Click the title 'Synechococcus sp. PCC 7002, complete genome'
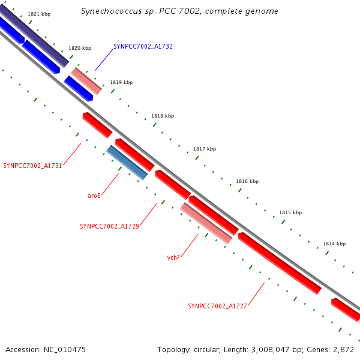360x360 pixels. point(179,11)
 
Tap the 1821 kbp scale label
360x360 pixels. point(39,14)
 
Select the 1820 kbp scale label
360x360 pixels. point(80,48)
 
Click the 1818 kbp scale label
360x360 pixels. point(163,116)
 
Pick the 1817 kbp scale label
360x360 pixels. point(205,149)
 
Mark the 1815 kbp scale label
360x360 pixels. point(290,212)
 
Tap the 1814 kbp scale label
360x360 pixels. point(334,244)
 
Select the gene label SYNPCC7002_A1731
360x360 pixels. point(32,165)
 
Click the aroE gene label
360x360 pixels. point(94,196)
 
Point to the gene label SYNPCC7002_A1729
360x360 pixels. point(109,226)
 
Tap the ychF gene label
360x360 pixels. point(173,257)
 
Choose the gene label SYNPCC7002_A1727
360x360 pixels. point(217,306)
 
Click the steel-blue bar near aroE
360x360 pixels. point(127,162)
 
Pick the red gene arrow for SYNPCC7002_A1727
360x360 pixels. point(280,263)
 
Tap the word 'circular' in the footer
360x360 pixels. point(206,349)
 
